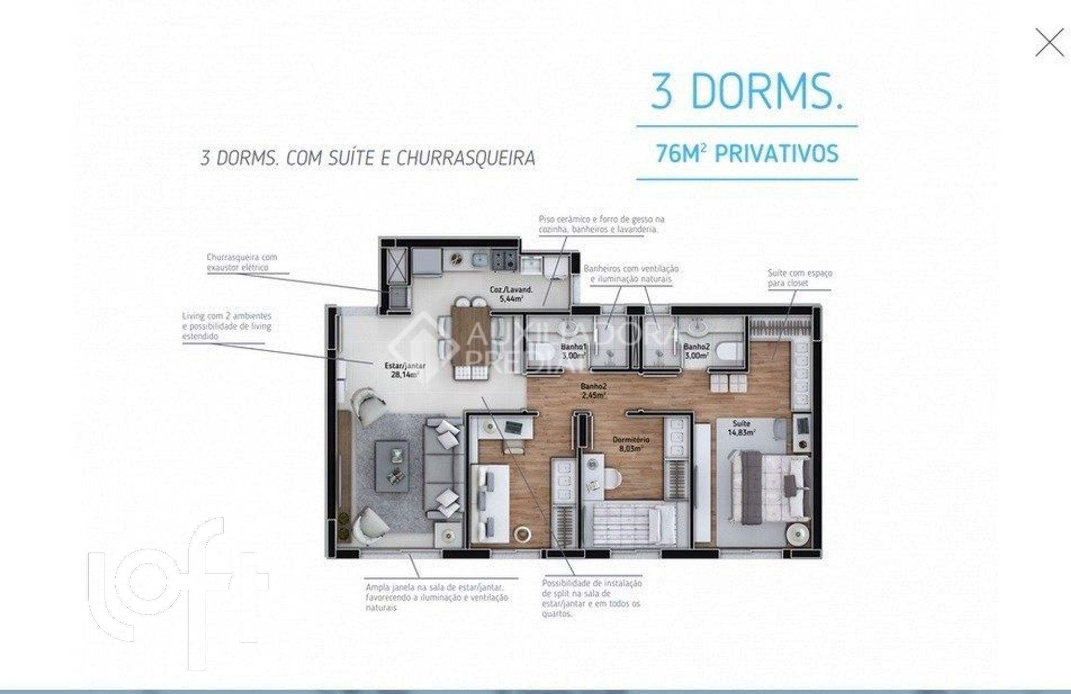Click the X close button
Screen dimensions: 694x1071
1049,42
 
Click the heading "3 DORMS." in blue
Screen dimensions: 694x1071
747,92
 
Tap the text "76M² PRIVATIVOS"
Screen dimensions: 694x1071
747,154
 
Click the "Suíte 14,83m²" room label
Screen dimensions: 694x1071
741,427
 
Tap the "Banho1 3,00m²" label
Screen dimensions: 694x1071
574,351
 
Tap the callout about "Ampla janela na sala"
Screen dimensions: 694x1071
436,597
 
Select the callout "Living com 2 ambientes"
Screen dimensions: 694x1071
227,326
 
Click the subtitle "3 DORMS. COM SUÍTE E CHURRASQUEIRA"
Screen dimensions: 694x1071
368,158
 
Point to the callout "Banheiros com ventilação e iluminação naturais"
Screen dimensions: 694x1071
630,274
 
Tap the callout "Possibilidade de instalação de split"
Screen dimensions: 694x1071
591,598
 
